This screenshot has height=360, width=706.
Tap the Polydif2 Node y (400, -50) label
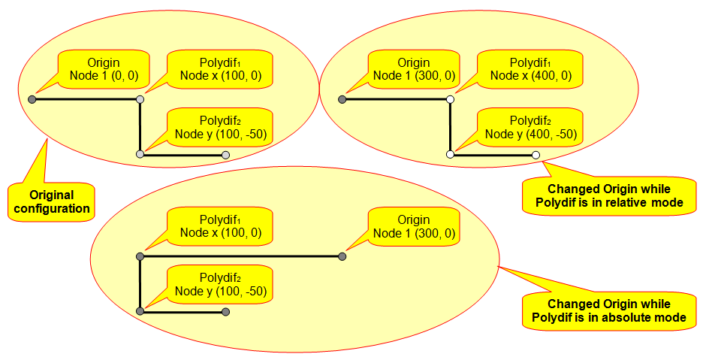[x=531, y=127]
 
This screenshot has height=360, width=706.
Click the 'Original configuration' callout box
[x=53, y=201]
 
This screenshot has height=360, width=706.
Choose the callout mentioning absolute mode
[x=608, y=310]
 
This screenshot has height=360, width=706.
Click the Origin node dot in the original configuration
[x=32, y=98]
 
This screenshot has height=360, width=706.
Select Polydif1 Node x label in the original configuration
[x=220, y=69]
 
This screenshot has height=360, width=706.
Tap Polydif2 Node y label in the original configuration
[x=220, y=127]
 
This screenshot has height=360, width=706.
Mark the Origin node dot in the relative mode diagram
[x=342, y=98]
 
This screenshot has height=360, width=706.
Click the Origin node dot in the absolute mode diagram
[x=342, y=256]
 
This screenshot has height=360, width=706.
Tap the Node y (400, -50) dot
[x=450, y=154]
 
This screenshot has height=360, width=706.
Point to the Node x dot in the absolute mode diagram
[x=140, y=256]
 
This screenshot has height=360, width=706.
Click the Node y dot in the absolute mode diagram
[x=140, y=311]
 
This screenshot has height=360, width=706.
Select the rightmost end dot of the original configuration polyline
[x=225, y=155]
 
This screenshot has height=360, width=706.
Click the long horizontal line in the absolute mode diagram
[x=240, y=256]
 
